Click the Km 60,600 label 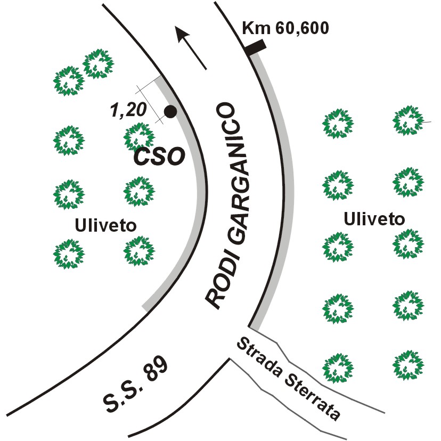tap(285, 28)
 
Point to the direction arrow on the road tap(191, 47)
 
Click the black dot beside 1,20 tap(170, 112)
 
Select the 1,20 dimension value tap(128, 110)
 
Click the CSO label tap(159, 157)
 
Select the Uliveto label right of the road tap(374, 219)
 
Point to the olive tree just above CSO tap(140, 138)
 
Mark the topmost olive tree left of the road tap(99, 63)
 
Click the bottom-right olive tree tap(409, 365)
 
